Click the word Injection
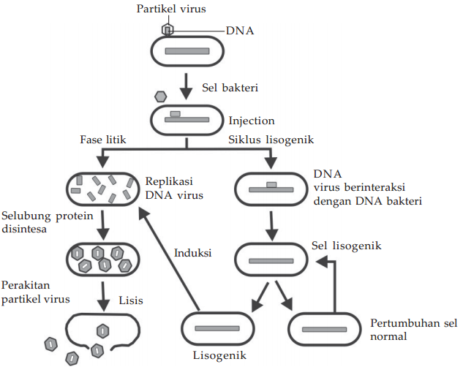click(252, 121)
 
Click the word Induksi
click(193, 254)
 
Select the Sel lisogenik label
click(346, 246)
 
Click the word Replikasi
click(174, 181)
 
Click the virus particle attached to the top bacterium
click(167, 29)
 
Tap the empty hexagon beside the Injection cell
click(161, 96)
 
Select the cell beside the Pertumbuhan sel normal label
click(324, 330)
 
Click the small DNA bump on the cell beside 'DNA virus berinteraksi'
click(271, 183)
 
